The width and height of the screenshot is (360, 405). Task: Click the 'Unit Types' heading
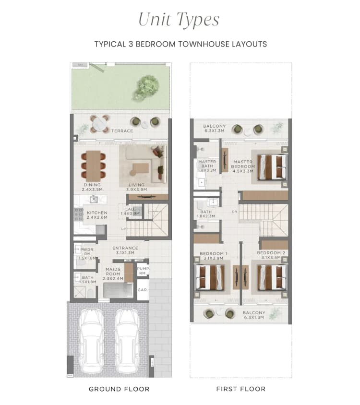coord(179,20)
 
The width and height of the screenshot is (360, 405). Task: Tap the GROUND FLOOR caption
coord(119,389)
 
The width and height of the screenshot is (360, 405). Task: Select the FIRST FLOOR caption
coord(241,389)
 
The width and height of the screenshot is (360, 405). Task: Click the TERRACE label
coord(122,131)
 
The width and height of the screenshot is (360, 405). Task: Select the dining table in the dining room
coord(93,166)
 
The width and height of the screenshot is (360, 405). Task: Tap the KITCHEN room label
coord(97,214)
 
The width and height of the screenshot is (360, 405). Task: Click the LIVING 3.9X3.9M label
coord(136,187)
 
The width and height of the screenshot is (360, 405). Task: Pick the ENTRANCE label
coord(125,250)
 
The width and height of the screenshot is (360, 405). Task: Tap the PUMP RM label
coord(143,271)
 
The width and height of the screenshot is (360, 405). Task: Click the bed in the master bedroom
coord(272,167)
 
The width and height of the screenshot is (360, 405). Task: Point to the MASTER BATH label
coord(207,166)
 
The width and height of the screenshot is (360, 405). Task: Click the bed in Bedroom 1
coord(210,277)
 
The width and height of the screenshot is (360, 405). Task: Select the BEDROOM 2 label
coord(271,255)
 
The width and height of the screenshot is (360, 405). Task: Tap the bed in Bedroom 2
coord(272,277)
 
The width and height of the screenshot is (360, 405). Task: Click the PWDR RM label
coord(87,252)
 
